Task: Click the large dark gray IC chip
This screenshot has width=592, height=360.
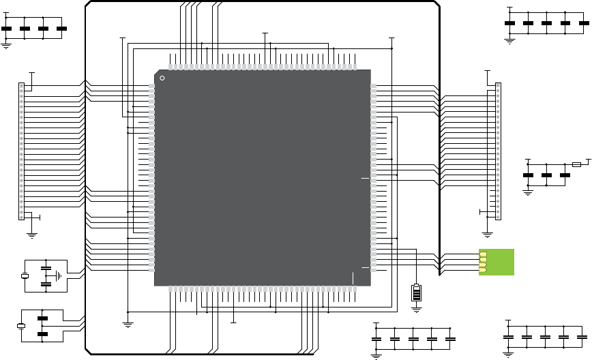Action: [263, 177]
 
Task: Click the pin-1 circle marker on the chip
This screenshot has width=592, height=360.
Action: [162, 78]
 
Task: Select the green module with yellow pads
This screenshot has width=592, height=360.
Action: [496, 262]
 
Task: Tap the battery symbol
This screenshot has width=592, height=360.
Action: [417, 292]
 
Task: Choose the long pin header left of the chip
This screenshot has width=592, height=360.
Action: [21, 151]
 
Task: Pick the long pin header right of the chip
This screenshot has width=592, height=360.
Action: [498, 151]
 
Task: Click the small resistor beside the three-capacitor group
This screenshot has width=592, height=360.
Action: [577, 164]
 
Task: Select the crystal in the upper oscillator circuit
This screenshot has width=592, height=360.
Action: [25, 276]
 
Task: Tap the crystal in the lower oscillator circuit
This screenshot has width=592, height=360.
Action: [21, 326]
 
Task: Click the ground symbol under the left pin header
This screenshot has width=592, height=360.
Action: [31, 234]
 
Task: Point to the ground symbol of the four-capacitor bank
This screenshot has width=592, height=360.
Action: [6, 45]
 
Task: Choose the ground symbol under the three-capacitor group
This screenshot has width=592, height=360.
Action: [527, 192]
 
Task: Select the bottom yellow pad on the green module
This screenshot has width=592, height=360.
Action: [483, 271]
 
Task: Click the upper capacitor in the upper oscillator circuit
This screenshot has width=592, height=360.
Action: [46, 268]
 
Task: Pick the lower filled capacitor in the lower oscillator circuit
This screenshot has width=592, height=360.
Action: [42, 335]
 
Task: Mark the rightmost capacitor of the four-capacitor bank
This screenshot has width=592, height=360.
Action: [61, 29]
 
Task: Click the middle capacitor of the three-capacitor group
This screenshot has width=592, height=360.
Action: [546, 175]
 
